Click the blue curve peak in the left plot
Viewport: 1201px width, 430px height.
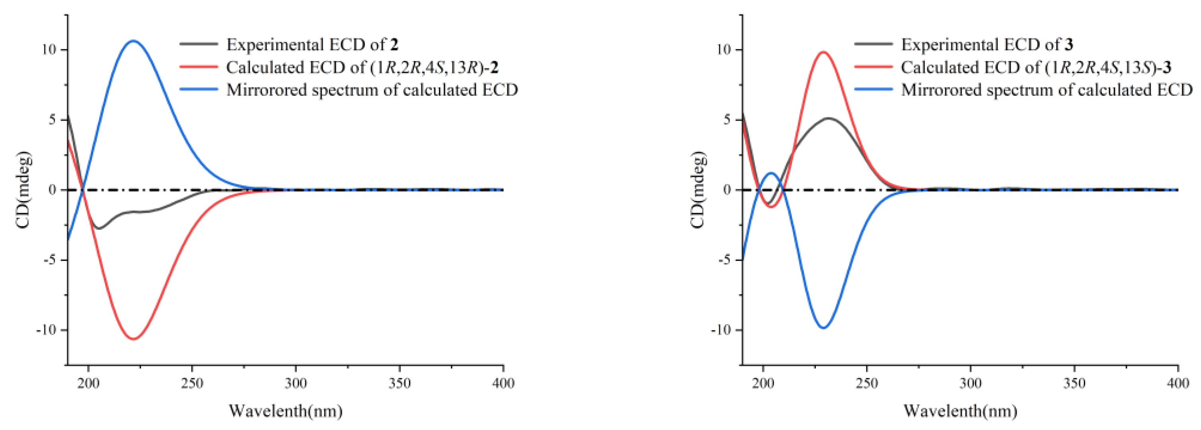click(x=133, y=41)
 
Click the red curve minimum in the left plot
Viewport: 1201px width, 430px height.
click(x=133, y=339)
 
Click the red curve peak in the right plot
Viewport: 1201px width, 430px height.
click(x=823, y=52)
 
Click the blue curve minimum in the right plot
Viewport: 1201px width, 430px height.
click(x=823, y=328)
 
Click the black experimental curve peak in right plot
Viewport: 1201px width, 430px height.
click(x=829, y=118)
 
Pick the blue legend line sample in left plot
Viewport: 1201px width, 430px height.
click(x=199, y=90)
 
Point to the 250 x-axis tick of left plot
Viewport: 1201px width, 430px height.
click(x=192, y=383)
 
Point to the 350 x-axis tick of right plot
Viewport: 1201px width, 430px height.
click(x=1074, y=383)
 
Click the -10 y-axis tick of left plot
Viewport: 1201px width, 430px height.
click(x=46, y=330)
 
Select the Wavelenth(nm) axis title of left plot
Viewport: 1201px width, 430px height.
click(x=285, y=411)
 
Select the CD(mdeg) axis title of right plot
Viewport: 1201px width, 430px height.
click(x=697, y=190)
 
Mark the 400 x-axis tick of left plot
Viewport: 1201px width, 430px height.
click(x=503, y=383)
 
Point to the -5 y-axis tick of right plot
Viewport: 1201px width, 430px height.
click(x=723, y=260)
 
